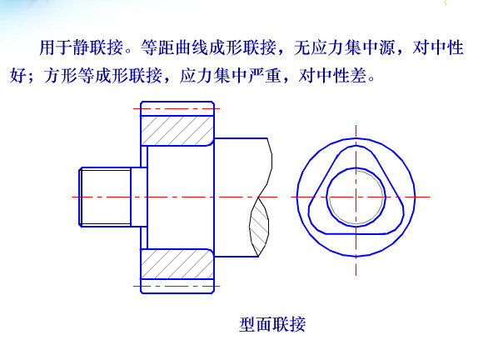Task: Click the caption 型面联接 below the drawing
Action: point(272,324)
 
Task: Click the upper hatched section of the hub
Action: point(177,131)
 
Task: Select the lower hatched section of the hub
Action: point(177,263)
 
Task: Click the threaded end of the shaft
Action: point(105,197)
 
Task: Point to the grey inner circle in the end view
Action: point(356,197)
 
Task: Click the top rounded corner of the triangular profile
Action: point(356,147)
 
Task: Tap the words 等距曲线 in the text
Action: point(175,47)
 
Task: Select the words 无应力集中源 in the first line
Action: point(344,47)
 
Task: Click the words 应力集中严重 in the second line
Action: point(230,76)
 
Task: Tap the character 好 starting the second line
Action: point(18,76)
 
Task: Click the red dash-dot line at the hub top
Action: point(177,109)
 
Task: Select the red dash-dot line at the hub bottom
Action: point(177,287)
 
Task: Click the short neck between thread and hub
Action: point(139,197)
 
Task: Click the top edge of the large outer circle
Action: point(356,138)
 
